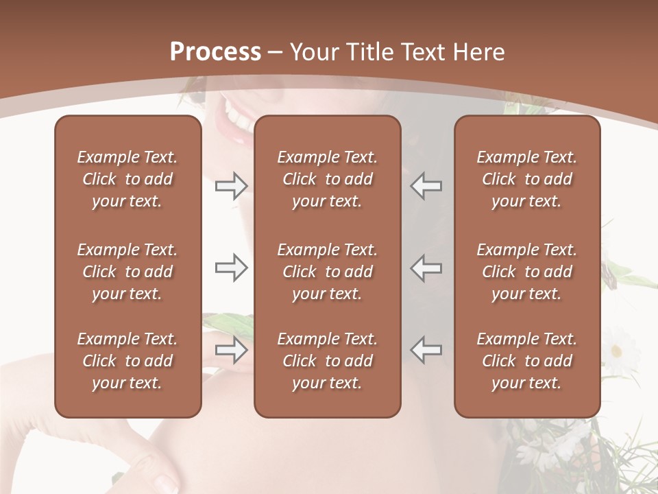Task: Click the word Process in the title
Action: pos(215,52)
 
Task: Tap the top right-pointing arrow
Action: pos(232,185)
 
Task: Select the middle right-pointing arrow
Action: pos(232,268)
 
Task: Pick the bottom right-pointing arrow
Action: pos(232,350)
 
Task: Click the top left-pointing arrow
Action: pos(426,185)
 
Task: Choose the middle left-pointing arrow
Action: pos(426,268)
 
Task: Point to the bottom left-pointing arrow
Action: pos(426,350)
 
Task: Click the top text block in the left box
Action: pos(127,179)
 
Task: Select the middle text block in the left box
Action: pos(127,272)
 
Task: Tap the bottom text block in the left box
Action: pos(127,361)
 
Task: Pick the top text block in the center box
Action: pos(328,179)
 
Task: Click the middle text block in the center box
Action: pos(328,272)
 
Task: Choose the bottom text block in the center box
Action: pos(328,361)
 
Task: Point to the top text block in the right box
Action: pos(527,179)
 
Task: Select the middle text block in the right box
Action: pos(527,272)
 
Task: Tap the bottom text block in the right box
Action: pos(527,361)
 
